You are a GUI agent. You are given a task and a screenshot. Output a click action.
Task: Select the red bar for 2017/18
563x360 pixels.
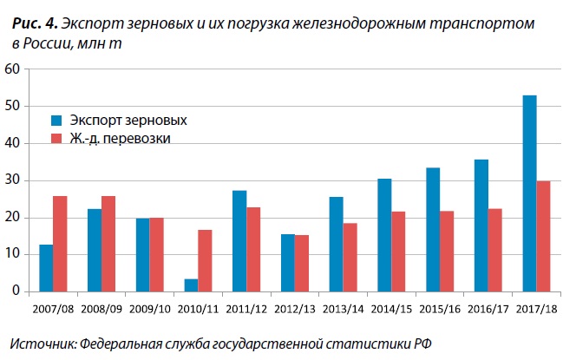coord(544,236)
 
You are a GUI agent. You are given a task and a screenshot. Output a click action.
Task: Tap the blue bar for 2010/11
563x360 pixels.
coord(191,285)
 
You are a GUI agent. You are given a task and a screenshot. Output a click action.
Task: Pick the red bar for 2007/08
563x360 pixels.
coord(60,243)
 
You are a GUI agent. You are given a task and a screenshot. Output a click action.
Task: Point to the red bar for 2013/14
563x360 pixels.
coord(350,257)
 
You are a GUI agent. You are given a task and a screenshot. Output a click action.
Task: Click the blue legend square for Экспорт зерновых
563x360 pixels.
coord(56,120)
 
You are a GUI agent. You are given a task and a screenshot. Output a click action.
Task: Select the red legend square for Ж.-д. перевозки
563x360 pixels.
coord(56,139)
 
